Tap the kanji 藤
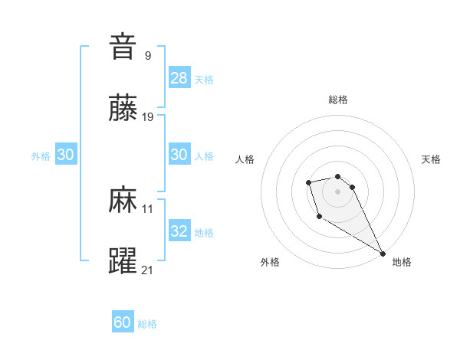point(123,109)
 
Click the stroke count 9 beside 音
point(147,55)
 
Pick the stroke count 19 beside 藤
point(148,117)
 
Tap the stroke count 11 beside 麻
point(148,208)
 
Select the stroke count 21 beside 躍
point(148,270)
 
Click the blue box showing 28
point(179,78)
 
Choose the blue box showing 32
point(179,231)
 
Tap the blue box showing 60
point(123,323)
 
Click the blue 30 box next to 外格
point(66,155)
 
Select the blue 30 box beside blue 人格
point(179,155)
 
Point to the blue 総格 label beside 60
point(147,324)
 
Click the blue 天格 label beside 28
point(204,79)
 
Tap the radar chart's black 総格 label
point(338,100)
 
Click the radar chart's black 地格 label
point(402,262)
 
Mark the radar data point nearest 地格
point(383,254)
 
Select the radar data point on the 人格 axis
point(308,182)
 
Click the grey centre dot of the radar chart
point(337,191)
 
